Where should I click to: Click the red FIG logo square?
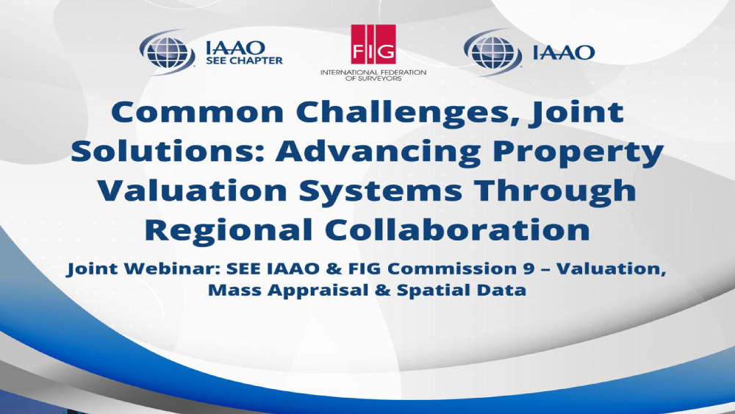(x=373, y=44)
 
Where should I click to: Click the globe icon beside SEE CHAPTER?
(x=168, y=52)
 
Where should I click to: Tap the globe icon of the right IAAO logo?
(x=492, y=52)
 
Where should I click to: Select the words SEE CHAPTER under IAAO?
(x=244, y=60)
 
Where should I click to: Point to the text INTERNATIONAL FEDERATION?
(x=373, y=72)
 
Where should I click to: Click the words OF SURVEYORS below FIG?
(x=373, y=78)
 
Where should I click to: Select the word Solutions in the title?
(x=168, y=151)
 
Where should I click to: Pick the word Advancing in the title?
(x=378, y=152)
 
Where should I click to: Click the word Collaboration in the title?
(x=457, y=229)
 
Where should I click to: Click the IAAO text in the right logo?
(x=564, y=52)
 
